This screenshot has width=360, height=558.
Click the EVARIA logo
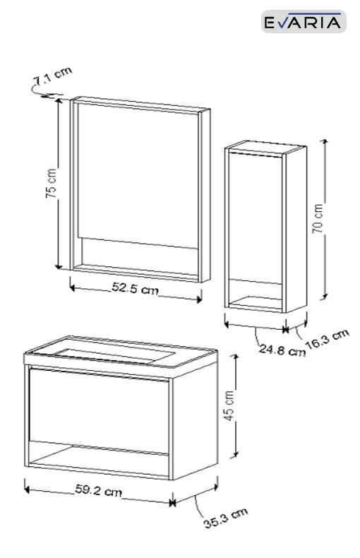click(x=304, y=21)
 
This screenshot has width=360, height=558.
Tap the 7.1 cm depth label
click(x=53, y=76)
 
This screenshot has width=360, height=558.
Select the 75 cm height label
click(x=52, y=183)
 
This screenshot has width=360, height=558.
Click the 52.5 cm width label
click(x=135, y=288)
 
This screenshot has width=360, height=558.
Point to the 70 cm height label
click(x=318, y=218)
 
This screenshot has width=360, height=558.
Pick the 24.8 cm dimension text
click(x=282, y=350)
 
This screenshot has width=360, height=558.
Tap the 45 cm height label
click(x=229, y=405)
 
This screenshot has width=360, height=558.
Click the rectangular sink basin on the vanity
click(x=114, y=355)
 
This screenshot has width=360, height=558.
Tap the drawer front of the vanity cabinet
click(x=99, y=411)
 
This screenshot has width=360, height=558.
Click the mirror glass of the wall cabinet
click(x=138, y=175)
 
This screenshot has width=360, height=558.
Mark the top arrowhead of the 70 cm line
click(x=324, y=143)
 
